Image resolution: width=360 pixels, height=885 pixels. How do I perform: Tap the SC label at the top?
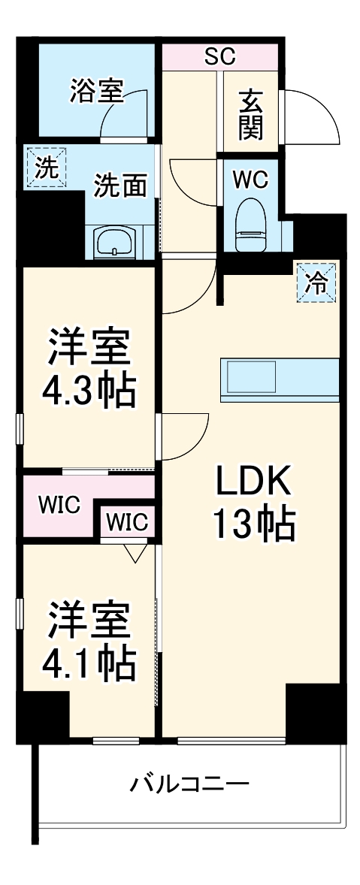point(219,56)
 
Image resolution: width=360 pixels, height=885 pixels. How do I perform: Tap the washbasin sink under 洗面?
point(114,243)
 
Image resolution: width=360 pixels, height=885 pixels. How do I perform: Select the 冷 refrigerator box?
point(316,282)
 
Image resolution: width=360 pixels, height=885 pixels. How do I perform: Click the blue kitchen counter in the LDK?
point(279,378)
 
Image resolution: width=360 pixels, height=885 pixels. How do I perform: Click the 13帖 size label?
point(253,525)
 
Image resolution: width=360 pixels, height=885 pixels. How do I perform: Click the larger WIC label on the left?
point(60,505)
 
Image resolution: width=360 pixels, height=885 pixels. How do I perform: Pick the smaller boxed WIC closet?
point(128,521)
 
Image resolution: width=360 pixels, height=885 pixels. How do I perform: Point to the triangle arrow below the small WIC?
point(135,553)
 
